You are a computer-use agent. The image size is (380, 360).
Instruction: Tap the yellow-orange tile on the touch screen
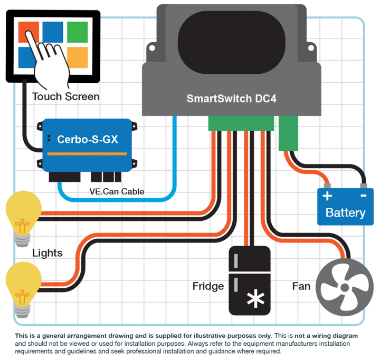[78, 56]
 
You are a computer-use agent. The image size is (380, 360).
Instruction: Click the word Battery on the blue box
[345, 213]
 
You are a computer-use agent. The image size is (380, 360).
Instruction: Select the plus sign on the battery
[328, 197]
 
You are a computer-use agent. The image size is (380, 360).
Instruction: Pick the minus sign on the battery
[363, 196]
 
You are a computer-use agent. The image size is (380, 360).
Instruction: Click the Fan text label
[301, 286]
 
